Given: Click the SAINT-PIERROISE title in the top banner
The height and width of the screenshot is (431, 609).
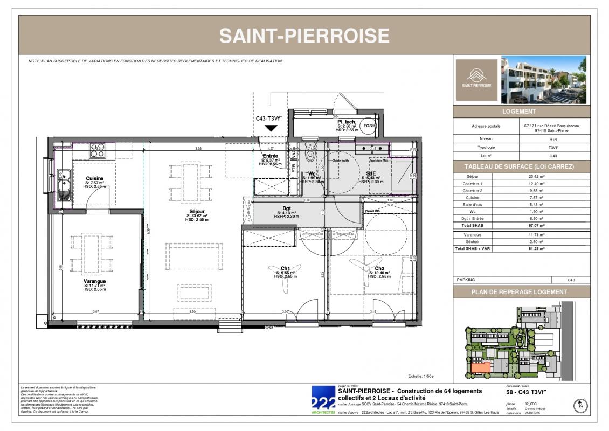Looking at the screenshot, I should click(x=304, y=36).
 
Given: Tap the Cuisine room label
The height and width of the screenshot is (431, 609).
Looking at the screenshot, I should click(x=94, y=179).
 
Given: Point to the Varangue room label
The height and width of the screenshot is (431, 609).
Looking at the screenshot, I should click(x=94, y=281).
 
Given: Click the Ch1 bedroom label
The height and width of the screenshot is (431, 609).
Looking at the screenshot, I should click(x=286, y=268).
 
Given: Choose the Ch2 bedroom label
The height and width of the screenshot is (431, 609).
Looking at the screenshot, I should click(x=379, y=268).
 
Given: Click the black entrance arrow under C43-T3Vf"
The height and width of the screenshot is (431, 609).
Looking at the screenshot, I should click(x=271, y=128).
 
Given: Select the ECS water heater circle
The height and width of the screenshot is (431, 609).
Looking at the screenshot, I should click(x=369, y=126).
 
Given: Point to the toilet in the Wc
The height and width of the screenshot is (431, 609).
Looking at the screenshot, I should click(x=310, y=154).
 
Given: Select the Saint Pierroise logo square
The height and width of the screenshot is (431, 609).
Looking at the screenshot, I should click(x=476, y=80).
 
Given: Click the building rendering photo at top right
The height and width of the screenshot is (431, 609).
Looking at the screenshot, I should click(x=543, y=80).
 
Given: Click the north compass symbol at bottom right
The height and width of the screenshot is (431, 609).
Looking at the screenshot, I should click(x=580, y=405).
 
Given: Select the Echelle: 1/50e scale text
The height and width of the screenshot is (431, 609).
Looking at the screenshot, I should click(x=421, y=377).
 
